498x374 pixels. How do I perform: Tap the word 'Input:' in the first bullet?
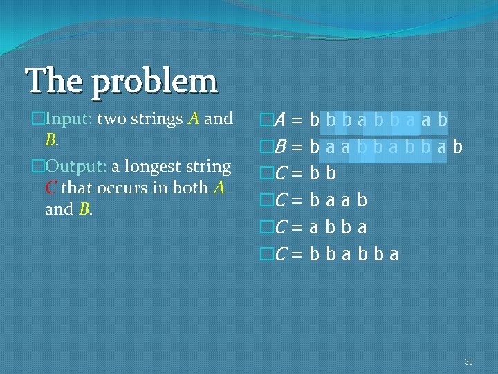68,118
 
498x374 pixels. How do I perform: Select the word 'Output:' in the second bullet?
74,167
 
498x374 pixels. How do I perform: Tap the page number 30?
469,362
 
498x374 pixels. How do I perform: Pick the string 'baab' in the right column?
338,201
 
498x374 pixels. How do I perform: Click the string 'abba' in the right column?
338,227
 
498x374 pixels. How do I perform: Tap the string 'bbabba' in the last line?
353,254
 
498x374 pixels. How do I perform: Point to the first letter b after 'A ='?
315,121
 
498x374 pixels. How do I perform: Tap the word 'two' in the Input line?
110,119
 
